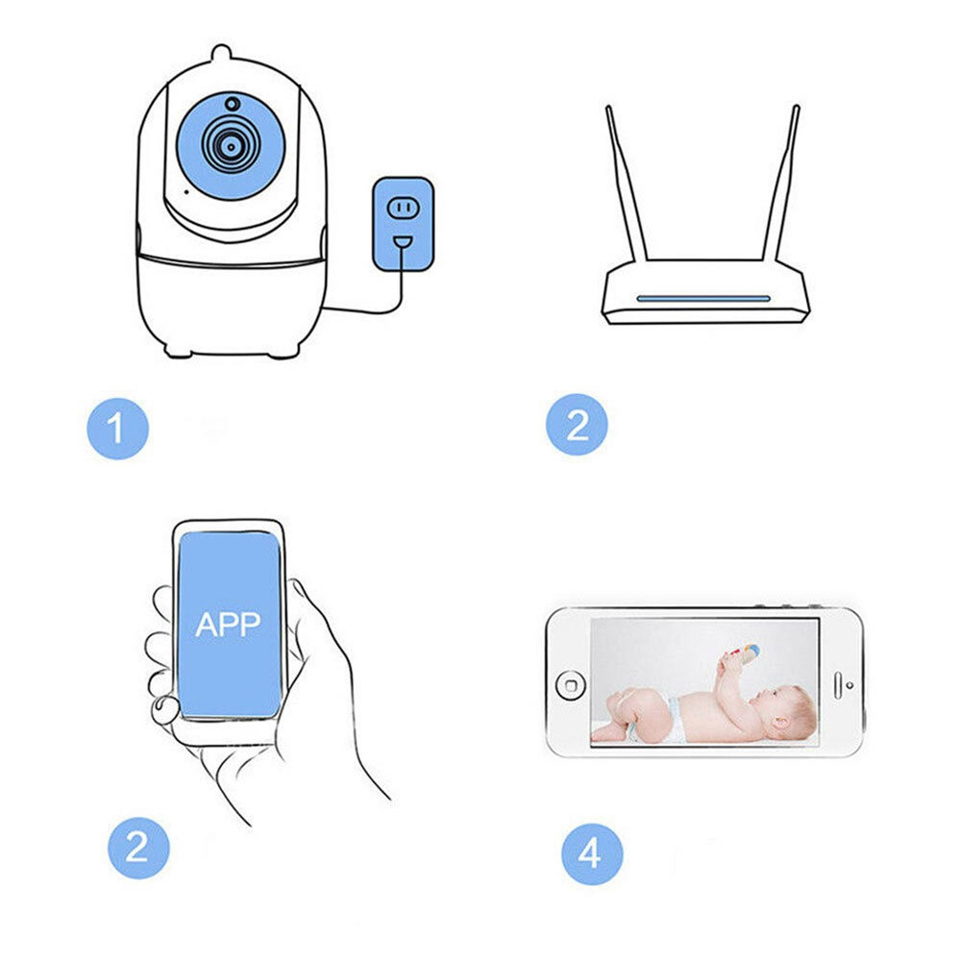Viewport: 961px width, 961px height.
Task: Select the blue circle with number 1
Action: tap(117, 428)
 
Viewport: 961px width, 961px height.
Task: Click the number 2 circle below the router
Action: tap(577, 424)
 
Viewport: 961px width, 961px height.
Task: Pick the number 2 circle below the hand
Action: tap(137, 847)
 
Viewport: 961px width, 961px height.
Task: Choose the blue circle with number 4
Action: tap(591, 851)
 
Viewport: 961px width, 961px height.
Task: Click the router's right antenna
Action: tap(781, 183)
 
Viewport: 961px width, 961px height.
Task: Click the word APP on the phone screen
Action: tap(228, 625)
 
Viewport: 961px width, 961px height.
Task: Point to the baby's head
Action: tap(790, 711)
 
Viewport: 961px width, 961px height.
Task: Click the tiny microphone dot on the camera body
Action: tap(186, 191)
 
